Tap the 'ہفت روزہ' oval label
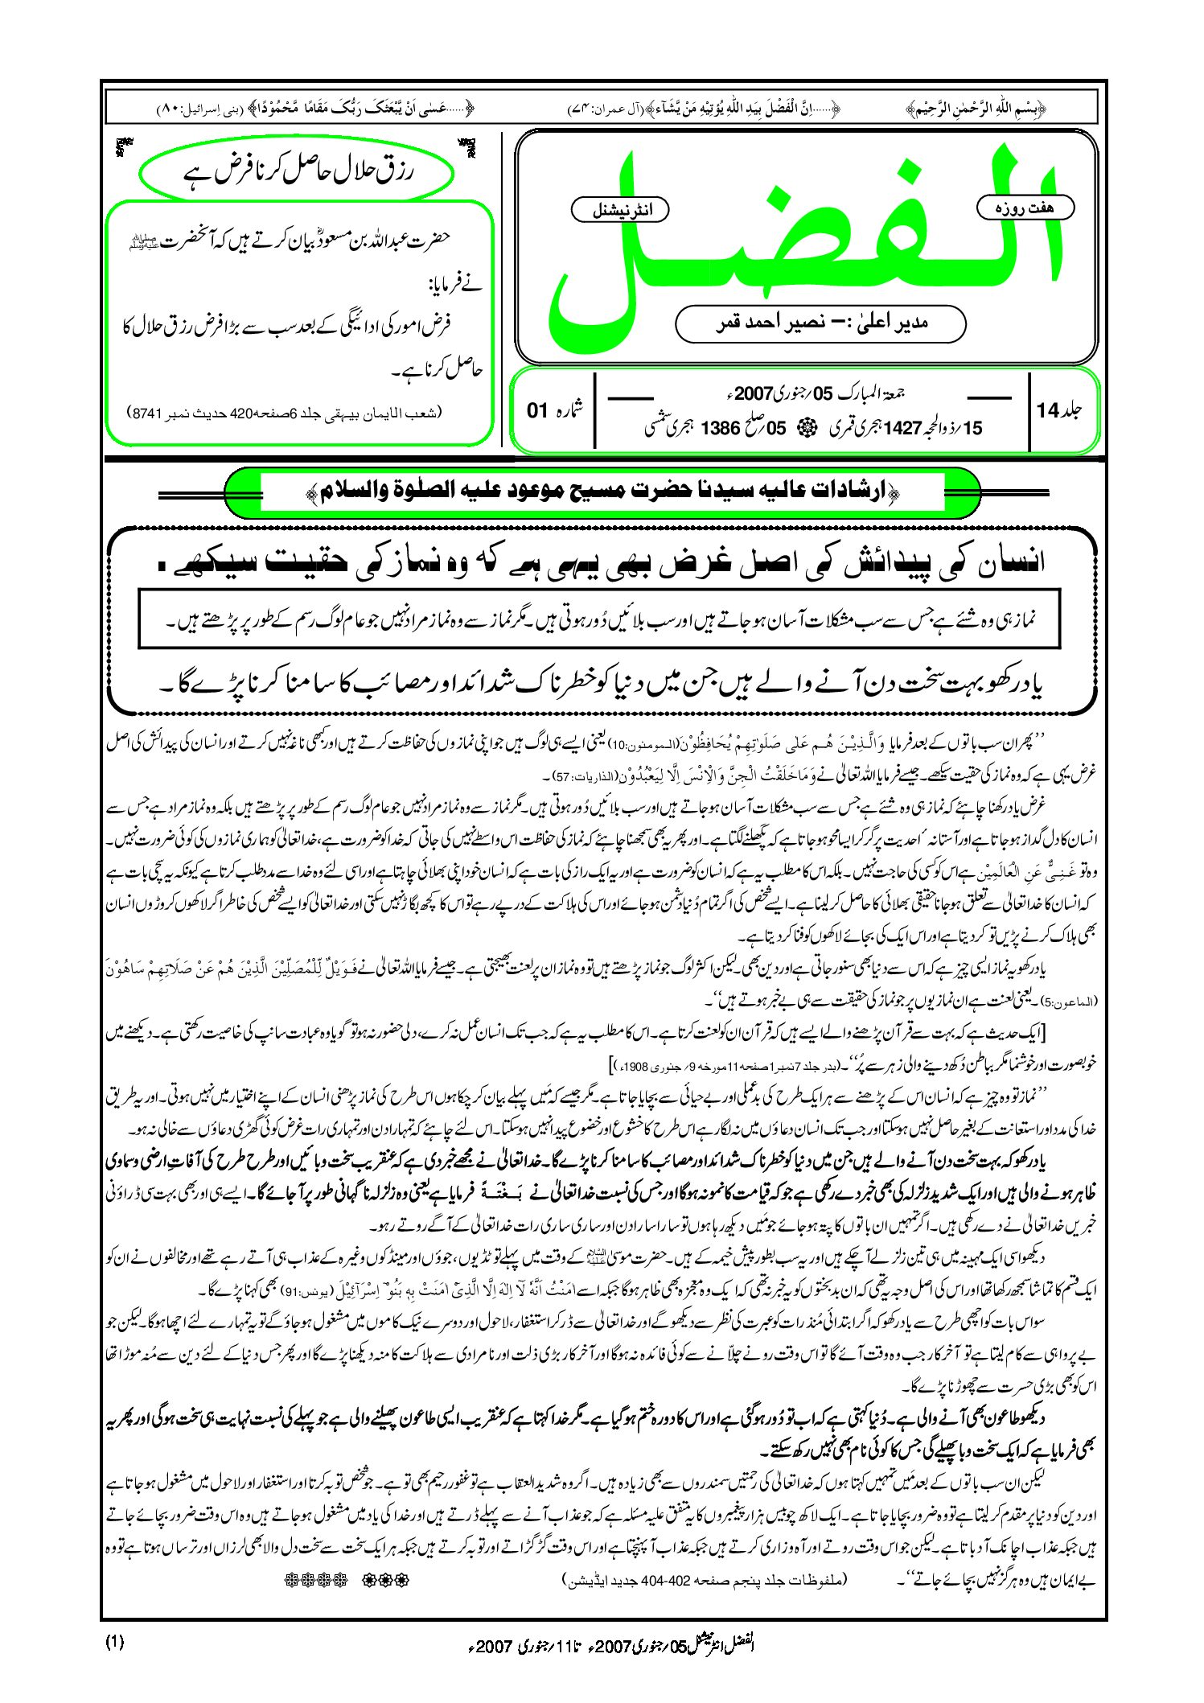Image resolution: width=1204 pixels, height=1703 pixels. coord(1025,208)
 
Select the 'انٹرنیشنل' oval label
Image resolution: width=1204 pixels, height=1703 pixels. coord(620,210)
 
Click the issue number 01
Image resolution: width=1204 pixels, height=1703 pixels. coord(537,410)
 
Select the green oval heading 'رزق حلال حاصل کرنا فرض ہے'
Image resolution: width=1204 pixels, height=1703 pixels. coord(294,171)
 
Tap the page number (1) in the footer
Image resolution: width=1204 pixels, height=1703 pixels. coord(114,1643)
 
